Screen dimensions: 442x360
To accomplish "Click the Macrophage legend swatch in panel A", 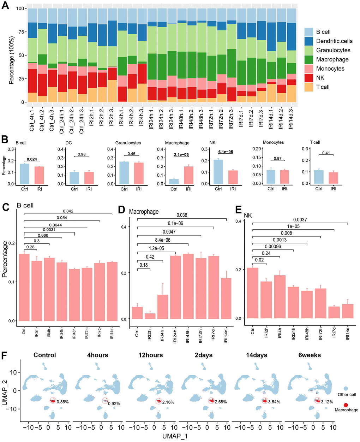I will [x=309, y=59].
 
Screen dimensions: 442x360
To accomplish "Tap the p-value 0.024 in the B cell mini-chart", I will [x=31, y=159].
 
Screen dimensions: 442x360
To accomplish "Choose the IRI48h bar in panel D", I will [x=188, y=286].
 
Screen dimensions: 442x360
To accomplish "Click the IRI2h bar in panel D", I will [x=150, y=316].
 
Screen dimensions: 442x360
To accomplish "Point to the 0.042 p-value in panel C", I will [x=68, y=211].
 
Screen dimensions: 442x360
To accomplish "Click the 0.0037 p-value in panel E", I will [x=300, y=220].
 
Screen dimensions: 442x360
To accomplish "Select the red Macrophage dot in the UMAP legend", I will [x=346, y=405].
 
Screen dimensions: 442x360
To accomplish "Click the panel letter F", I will [x=6, y=354].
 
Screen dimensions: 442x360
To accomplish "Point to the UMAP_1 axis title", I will [x=175, y=436].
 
